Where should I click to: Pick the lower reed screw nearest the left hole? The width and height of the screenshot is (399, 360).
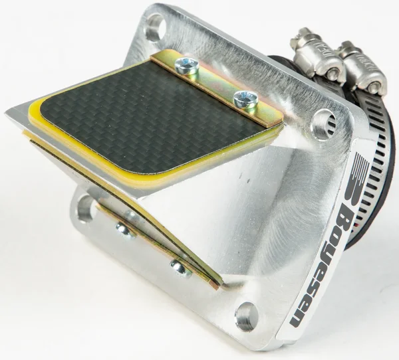[x=123, y=230]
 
